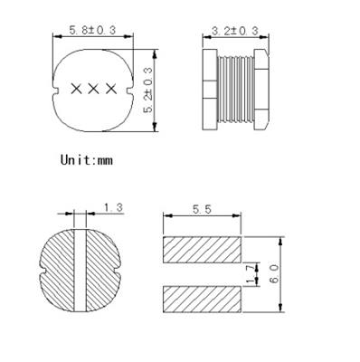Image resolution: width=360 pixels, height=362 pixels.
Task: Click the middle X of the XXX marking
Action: point(92,89)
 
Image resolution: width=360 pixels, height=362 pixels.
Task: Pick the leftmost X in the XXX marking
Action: point(76,89)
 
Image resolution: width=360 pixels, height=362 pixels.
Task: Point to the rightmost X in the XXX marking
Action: point(109,89)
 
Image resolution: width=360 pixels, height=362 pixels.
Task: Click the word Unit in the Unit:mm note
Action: point(79,159)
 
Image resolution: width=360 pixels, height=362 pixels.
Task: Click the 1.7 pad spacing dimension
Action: point(253,271)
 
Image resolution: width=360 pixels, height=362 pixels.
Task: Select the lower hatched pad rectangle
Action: point(203,297)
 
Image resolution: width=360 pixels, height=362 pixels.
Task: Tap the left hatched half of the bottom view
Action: point(62,270)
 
